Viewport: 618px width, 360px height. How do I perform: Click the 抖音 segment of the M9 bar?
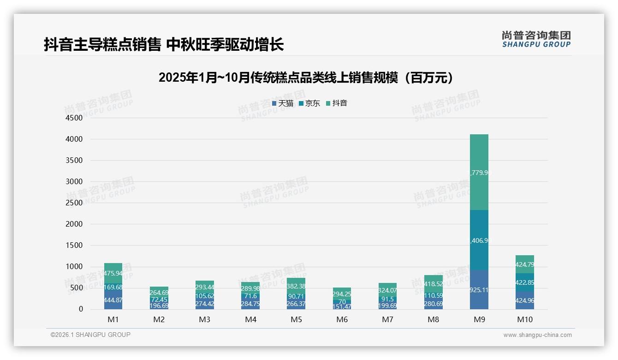coord(479,172)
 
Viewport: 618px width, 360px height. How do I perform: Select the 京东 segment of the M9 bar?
coord(479,240)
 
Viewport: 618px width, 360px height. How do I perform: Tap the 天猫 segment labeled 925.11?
coord(479,290)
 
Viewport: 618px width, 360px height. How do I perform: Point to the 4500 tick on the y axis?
coord(73,118)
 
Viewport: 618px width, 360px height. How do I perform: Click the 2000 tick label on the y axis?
coord(73,224)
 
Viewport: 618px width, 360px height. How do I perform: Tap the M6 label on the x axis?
coord(342,319)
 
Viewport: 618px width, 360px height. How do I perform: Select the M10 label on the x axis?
coord(524,319)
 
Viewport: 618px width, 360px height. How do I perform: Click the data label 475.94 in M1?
coord(113,273)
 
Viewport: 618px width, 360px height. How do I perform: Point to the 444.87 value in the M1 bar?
coord(113,300)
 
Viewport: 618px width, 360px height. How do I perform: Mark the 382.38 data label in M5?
coord(296,286)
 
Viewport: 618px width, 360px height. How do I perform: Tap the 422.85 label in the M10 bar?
coord(524,282)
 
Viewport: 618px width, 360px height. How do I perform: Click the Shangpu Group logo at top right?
coord(536,39)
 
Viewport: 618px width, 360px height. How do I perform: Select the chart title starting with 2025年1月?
coord(308,78)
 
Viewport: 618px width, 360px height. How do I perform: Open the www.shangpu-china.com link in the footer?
coord(537,335)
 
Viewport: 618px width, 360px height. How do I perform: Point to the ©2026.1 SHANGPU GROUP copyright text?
coord(90,335)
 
